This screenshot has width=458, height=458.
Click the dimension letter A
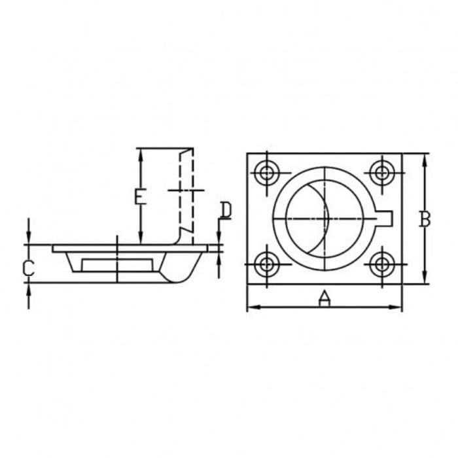click(x=325, y=298)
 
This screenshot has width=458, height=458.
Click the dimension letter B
click(x=425, y=219)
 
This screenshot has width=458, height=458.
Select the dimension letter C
click(x=29, y=268)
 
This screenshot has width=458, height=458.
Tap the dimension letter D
click(x=226, y=209)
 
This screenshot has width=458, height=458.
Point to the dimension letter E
click(x=140, y=196)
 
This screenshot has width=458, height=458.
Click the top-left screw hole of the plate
click(x=266, y=173)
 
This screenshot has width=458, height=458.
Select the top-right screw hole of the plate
click(x=381, y=173)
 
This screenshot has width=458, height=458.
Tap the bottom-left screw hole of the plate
click(x=266, y=264)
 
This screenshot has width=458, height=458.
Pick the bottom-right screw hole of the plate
click(x=381, y=264)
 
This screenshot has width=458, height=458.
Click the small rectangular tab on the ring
click(x=384, y=219)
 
